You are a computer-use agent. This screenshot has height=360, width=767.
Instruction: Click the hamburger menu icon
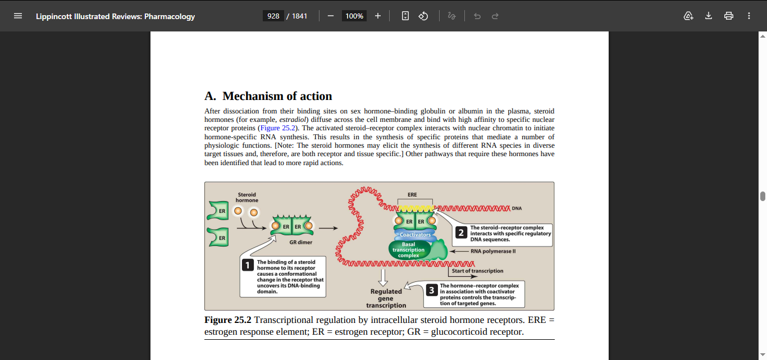[18, 16]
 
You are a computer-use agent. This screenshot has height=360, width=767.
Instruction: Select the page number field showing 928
[273, 16]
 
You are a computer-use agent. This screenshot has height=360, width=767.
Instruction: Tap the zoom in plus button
[378, 16]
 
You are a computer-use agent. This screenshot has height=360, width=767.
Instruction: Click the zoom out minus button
[330, 16]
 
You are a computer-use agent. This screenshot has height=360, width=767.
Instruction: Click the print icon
[729, 16]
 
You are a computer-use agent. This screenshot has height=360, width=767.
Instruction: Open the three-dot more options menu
[749, 16]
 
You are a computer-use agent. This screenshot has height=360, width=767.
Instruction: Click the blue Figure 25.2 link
[278, 128]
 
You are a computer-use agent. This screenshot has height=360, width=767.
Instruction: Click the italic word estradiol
[293, 120]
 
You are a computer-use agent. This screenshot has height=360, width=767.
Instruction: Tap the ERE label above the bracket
[412, 194]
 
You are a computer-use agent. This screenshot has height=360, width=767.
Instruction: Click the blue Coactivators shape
[416, 235]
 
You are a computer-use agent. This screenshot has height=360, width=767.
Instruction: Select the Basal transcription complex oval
[408, 250]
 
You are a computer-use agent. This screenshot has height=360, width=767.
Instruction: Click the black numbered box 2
[461, 233]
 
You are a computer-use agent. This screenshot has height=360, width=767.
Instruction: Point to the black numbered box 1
[248, 265]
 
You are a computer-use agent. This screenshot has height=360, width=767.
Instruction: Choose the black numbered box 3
[432, 290]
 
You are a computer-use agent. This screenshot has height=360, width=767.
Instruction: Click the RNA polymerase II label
[493, 252]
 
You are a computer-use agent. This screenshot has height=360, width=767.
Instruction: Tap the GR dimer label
[300, 243]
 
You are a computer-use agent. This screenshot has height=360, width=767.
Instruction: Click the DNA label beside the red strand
[517, 208]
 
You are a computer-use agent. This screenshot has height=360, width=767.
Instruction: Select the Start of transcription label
[477, 271]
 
